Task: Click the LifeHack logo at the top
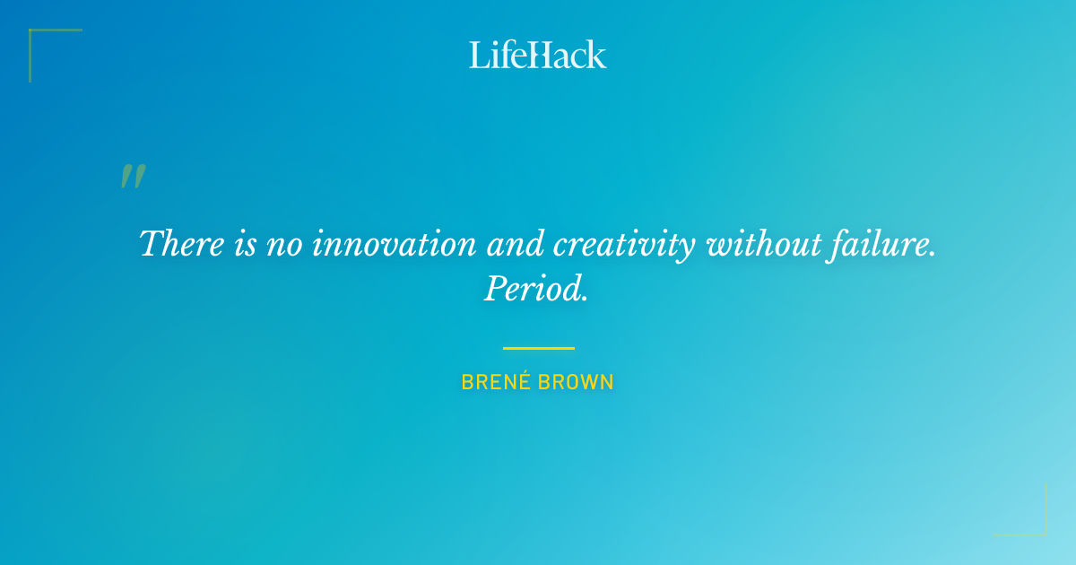click(538, 55)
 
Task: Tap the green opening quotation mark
click(133, 177)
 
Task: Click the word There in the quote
click(182, 244)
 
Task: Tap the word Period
click(536, 289)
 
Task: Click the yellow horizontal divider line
click(538, 348)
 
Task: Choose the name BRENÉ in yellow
click(492, 382)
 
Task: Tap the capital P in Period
click(494, 289)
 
